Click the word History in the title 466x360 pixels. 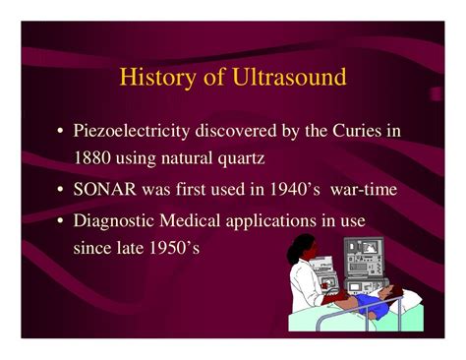click(x=157, y=78)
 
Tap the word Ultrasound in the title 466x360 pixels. click(x=289, y=77)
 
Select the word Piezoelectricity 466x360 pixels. click(x=132, y=131)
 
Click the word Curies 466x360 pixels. click(x=357, y=131)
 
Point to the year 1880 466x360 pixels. click(x=91, y=158)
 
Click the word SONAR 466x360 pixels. click(x=104, y=189)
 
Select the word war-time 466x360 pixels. click(x=364, y=190)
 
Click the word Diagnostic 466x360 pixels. click(x=114, y=220)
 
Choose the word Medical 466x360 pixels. click(x=190, y=220)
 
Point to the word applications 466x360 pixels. click(x=270, y=221)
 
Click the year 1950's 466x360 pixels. click(x=174, y=248)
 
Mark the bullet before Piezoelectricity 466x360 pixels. click(x=60, y=131)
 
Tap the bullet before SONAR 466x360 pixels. click(x=60, y=190)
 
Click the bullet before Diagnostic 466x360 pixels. click(x=60, y=220)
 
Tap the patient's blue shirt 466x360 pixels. click(x=371, y=302)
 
